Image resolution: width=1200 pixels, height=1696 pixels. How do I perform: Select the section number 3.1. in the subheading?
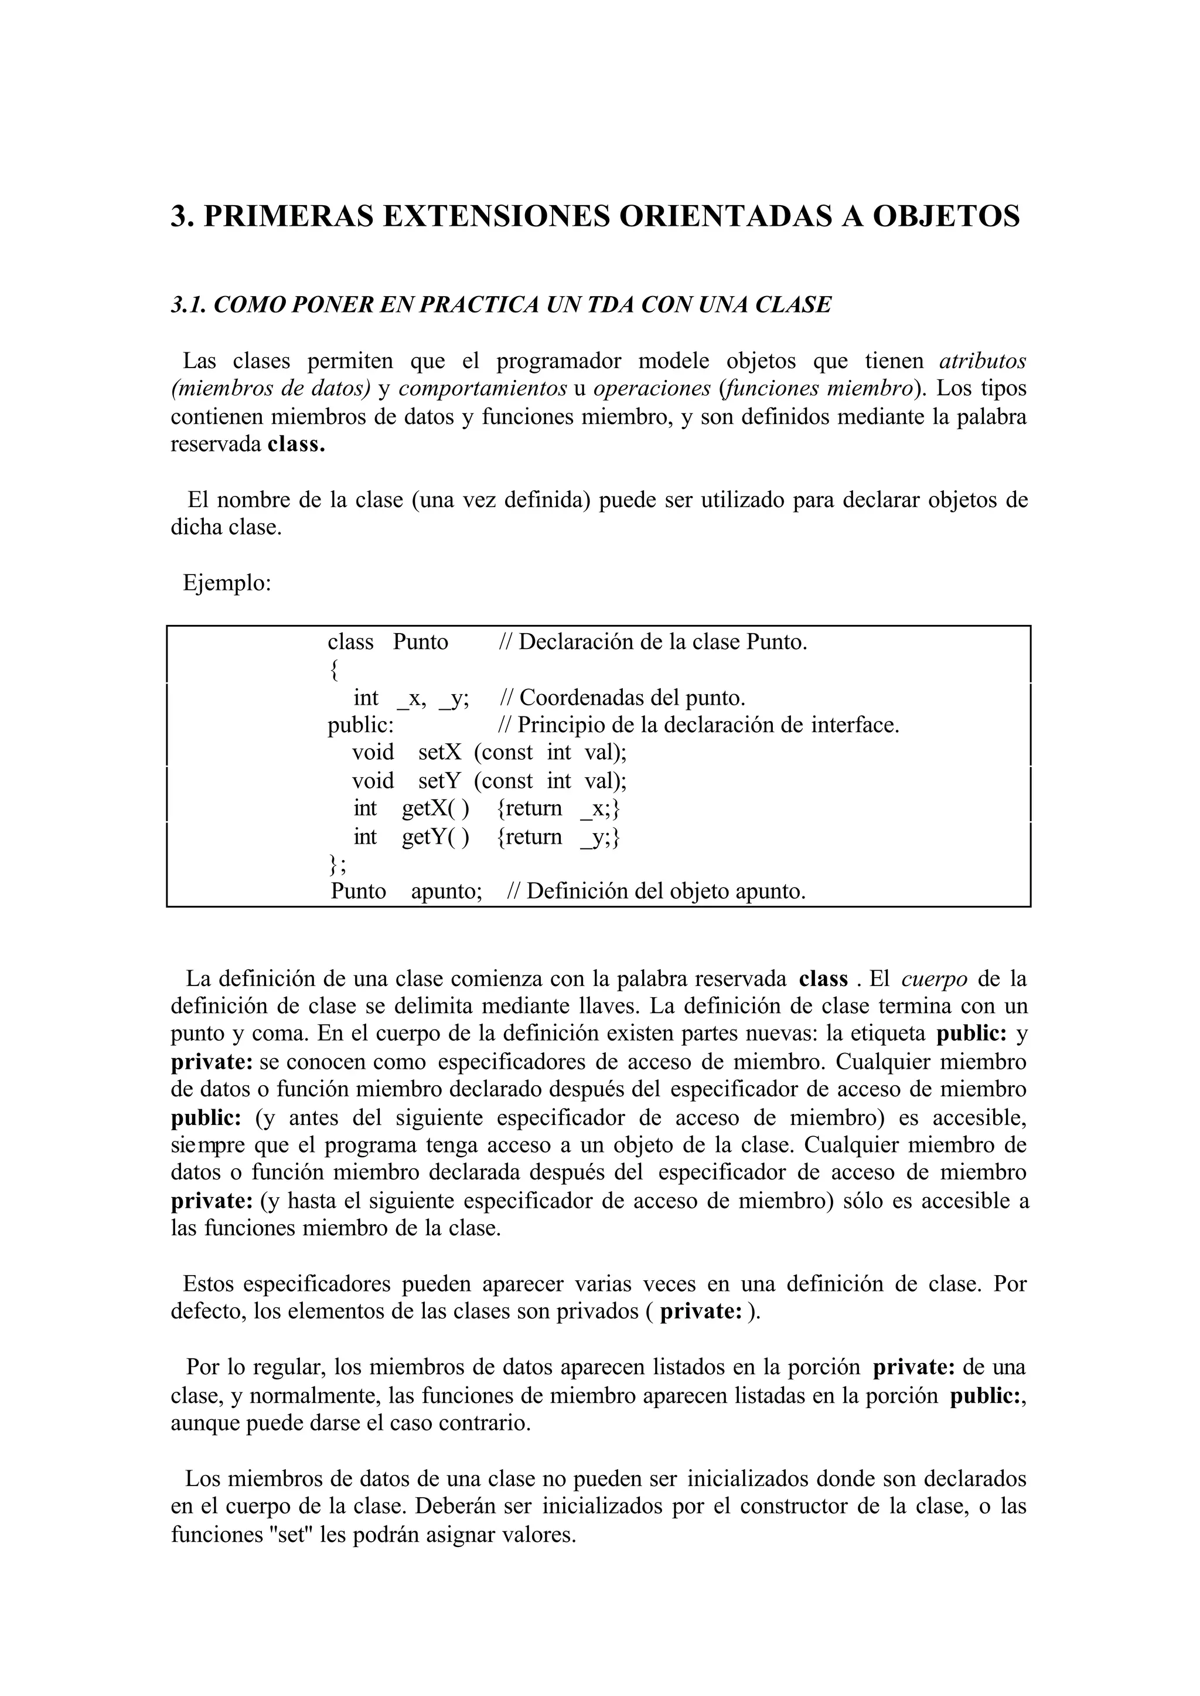[x=189, y=305]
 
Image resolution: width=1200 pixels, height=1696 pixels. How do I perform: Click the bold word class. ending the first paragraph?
[x=295, y=444]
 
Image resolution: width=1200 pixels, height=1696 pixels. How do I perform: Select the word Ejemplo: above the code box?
[x=227, y=583]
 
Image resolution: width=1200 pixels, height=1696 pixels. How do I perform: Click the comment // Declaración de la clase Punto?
[x=653, y=642]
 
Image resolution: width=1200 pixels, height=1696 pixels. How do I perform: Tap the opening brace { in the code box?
[x=334, y=670]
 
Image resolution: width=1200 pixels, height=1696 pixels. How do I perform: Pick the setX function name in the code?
[x=439, y=753]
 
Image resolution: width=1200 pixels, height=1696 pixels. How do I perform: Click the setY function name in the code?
[x=439, y=781]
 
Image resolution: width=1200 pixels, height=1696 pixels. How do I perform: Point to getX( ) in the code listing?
[x=435, y=808]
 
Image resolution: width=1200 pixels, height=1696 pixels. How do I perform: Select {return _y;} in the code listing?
[x=558, y=837]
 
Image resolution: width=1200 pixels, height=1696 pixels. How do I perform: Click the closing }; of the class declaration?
[x=336, y=864]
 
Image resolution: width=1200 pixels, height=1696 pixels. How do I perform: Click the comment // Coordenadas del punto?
[x=623, y=698]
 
